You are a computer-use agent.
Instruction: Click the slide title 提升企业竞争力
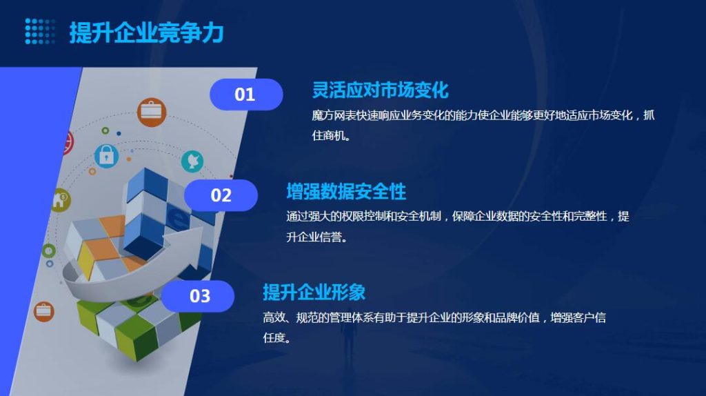tap(146, 32)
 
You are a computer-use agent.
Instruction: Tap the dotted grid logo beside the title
tap(40, 31)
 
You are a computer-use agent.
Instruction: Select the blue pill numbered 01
tap(246, 94)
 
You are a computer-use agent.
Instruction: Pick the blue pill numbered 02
tap(221, 195)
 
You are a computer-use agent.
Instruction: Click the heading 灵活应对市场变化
tap(381, 90)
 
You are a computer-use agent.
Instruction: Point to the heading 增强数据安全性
tap(346, 192)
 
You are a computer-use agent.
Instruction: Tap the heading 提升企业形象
tap(314, 293)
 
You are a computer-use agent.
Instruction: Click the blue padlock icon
tap(107, 155)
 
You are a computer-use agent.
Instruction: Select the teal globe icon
tap(192, 161)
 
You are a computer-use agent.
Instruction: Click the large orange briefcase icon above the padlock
tap(152, 112)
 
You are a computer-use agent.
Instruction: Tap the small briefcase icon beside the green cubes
tap(44, 311)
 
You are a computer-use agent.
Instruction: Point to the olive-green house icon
tap(61, 200)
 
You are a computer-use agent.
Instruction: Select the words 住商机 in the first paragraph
tap(329, 135)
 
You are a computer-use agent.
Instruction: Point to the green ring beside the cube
tap(49, 250)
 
